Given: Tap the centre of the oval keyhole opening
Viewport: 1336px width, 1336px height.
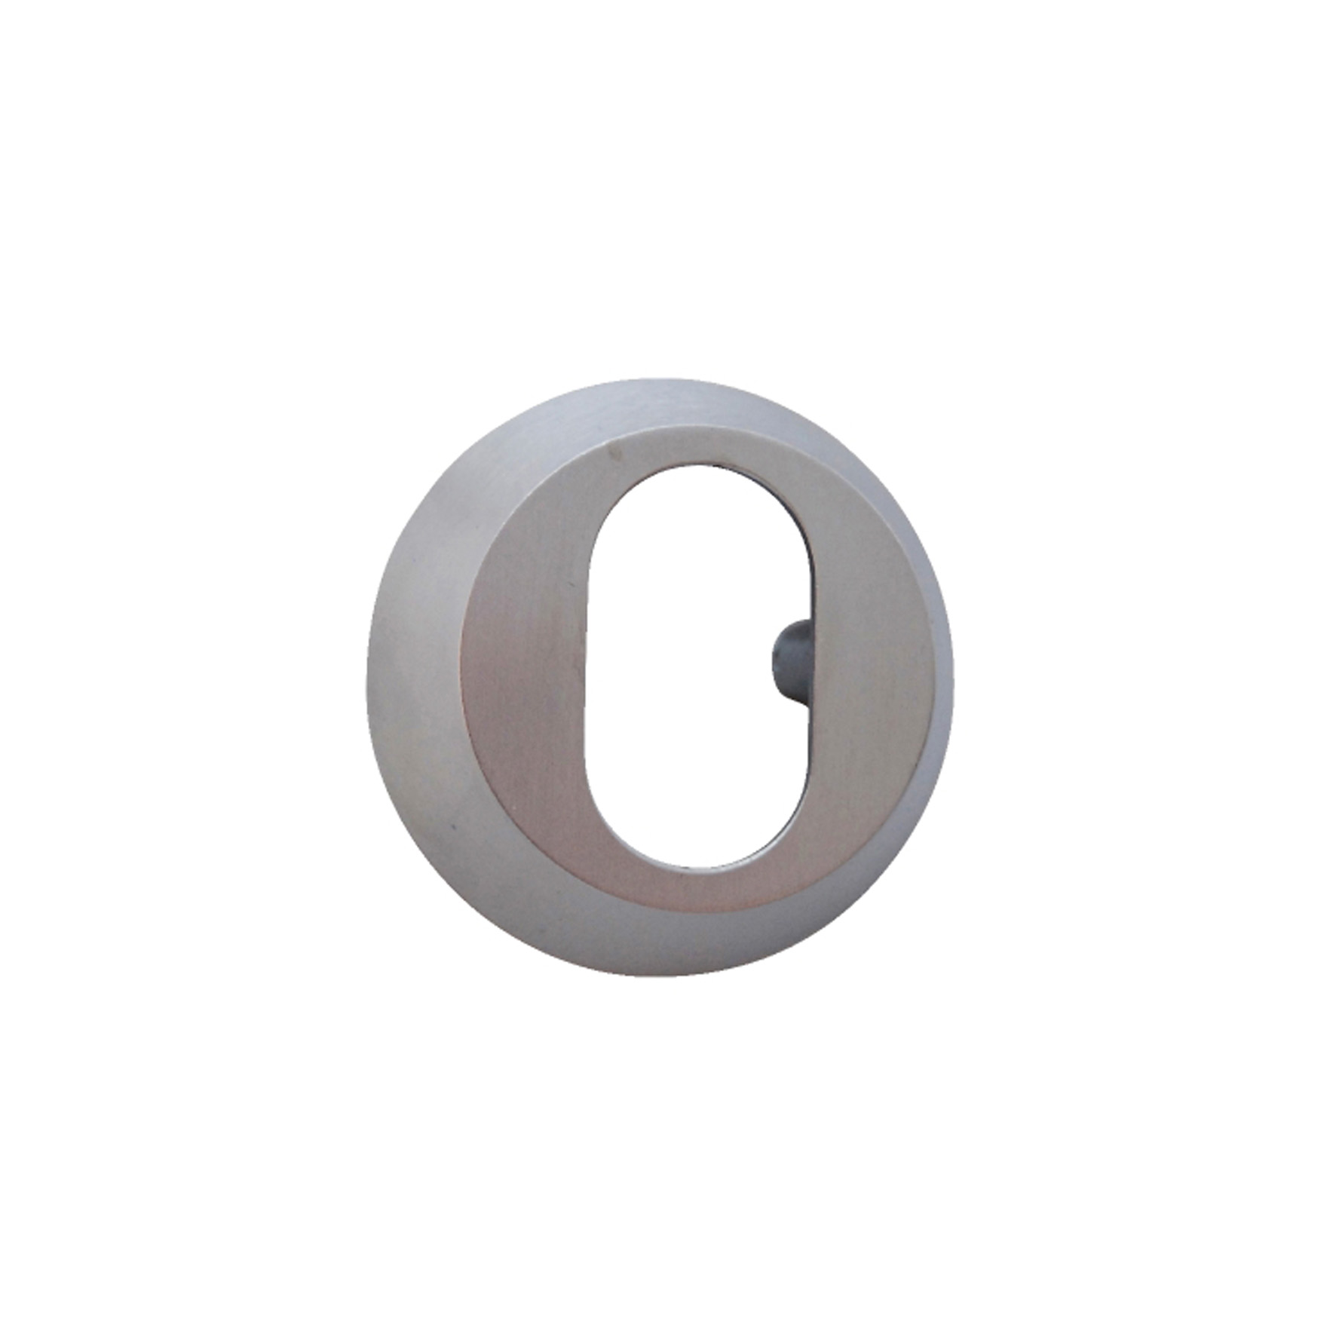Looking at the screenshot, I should click(x=697, y=667).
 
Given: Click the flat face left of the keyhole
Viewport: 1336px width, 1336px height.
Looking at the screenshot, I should click(x=528, y=671).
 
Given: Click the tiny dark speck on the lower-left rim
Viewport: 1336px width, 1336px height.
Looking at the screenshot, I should click(x=453, y=828).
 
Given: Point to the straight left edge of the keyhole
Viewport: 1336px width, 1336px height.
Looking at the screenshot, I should click(x=586, y=671).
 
